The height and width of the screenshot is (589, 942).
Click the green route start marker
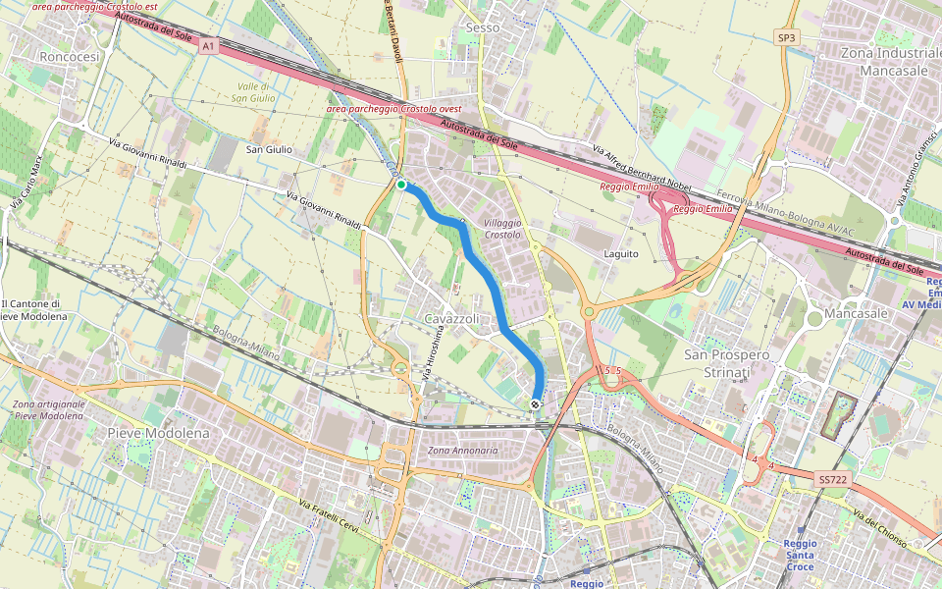[401, 185]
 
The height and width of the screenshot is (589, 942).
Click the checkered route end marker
[535, 404]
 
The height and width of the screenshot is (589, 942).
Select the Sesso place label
[483, 27]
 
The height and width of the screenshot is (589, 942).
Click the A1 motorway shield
[208, 45]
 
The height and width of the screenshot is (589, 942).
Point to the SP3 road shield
[786, 37]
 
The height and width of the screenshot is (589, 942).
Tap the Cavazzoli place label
[451, 320]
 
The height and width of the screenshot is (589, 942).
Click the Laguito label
[621, 253]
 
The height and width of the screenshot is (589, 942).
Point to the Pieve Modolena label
[152, 433]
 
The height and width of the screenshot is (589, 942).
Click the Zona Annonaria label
[463, 451]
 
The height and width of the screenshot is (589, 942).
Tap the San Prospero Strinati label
[727, 362]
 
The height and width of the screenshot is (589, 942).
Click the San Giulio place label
[269, 149]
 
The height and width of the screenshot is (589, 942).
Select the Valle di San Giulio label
[253, 92]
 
